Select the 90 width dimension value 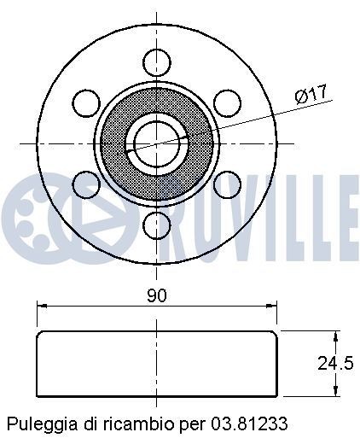(156, 295)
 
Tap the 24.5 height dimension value (334, 363)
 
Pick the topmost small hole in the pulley (156, 61)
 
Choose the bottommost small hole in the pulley (156, 225)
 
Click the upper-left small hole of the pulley (85, 102)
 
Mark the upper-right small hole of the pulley (227, 102)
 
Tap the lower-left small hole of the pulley (85, 184)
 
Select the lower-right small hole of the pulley (227, 184)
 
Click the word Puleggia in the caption (35, 423)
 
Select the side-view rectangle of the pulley (157, 362)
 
